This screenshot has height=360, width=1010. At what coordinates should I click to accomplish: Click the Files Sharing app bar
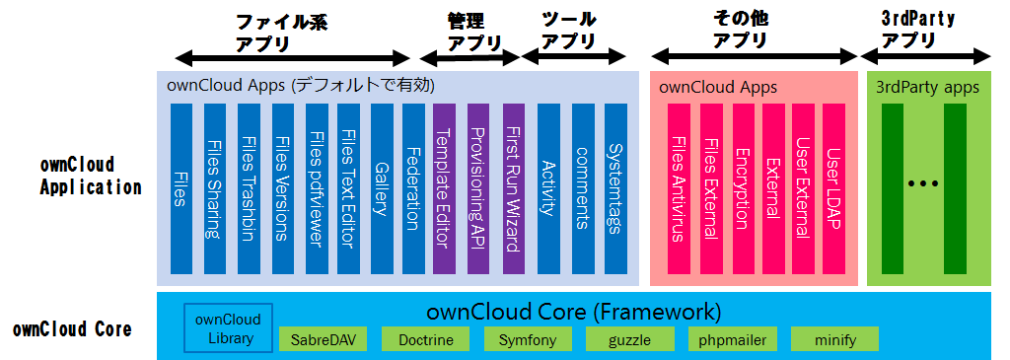click(x=214, y=188)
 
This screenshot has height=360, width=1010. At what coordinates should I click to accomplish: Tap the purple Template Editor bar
click(x=445, y=188)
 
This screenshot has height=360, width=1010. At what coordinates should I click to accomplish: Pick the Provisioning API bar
click(x=478, y=188)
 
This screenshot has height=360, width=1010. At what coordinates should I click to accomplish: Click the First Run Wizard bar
click(x=513, y=188)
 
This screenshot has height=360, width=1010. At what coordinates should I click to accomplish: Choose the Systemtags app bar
click(x=615, y=188)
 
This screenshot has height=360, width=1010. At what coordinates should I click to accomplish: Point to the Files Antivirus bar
click(x=679, y=188)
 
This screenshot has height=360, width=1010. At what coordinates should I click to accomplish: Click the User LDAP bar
click(x=833, y=188)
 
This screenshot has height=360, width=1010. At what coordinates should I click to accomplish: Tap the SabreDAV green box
click(x=320, y=339)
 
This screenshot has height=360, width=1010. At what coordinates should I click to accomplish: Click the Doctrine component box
click(x=425, y=339)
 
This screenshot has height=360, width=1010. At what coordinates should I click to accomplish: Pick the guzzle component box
click(x=630, y=339)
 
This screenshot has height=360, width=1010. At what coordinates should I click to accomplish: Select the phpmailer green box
click(x=733, y=339)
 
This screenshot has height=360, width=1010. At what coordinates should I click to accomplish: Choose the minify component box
click(x=834, y=339)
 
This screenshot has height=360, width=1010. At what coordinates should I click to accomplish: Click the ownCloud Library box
click(x=228, y=327)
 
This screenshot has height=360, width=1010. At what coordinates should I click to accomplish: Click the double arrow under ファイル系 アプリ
click(x=292, y=60)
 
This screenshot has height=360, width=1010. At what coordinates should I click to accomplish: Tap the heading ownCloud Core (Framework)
click(x=573, y=313)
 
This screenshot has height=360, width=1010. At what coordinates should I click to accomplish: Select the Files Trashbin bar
click(x=249, y=188)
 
